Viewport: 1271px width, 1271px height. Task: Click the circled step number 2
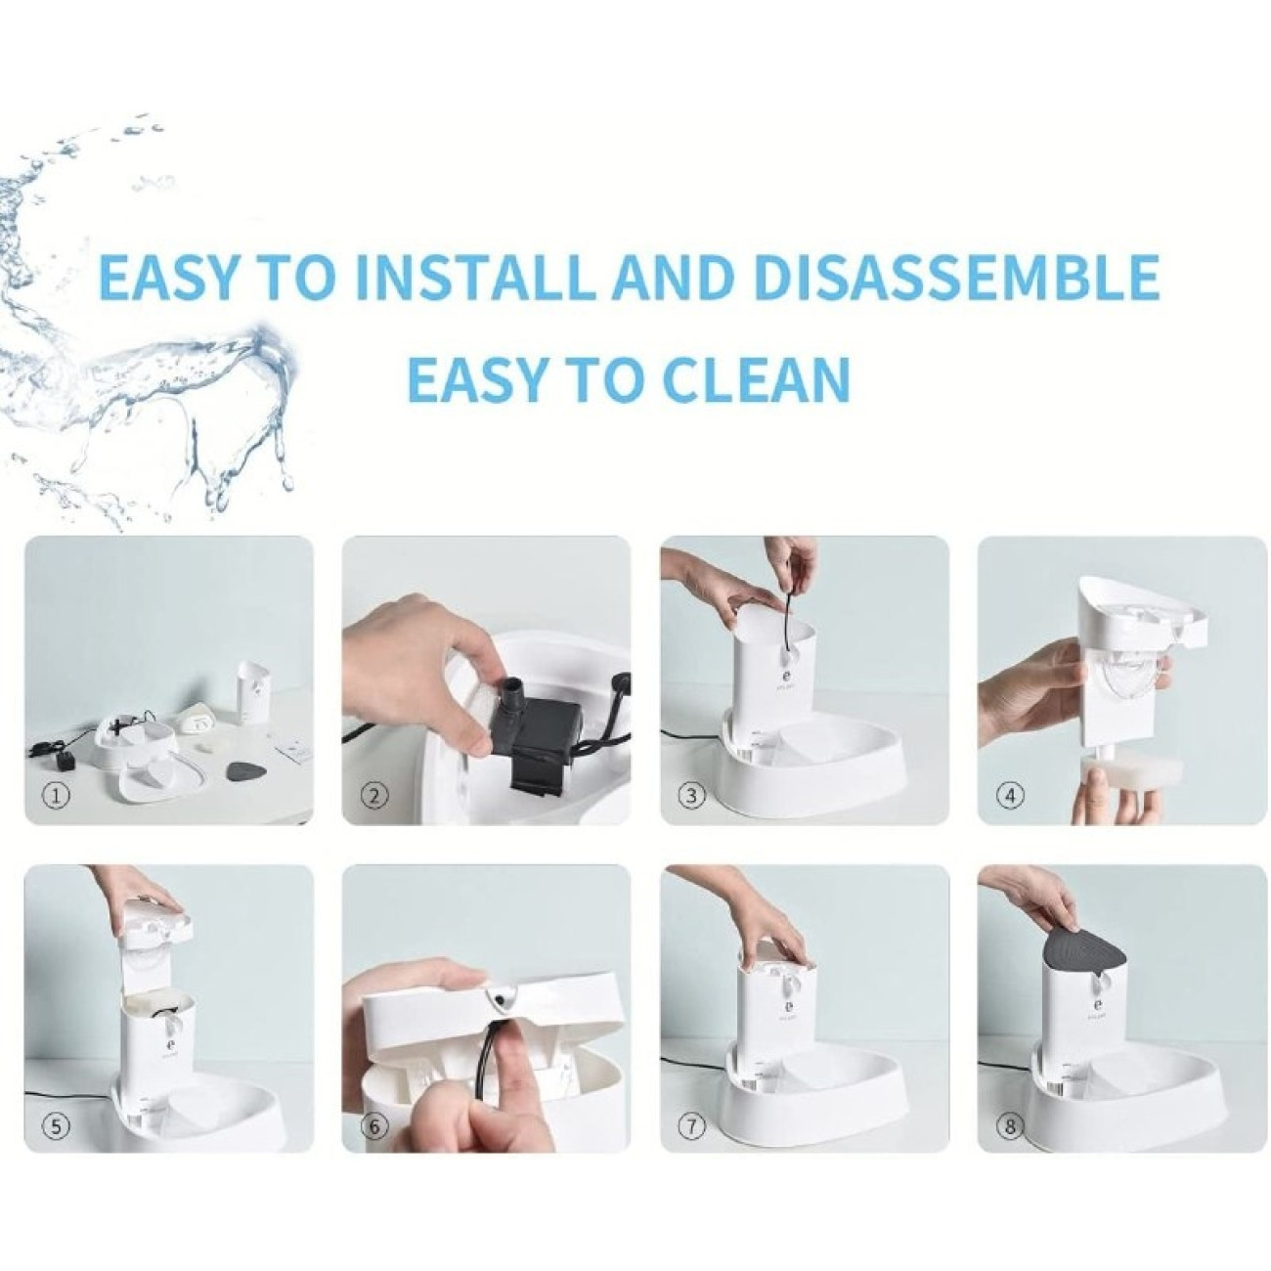374,796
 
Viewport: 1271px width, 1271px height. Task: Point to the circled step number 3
692,796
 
